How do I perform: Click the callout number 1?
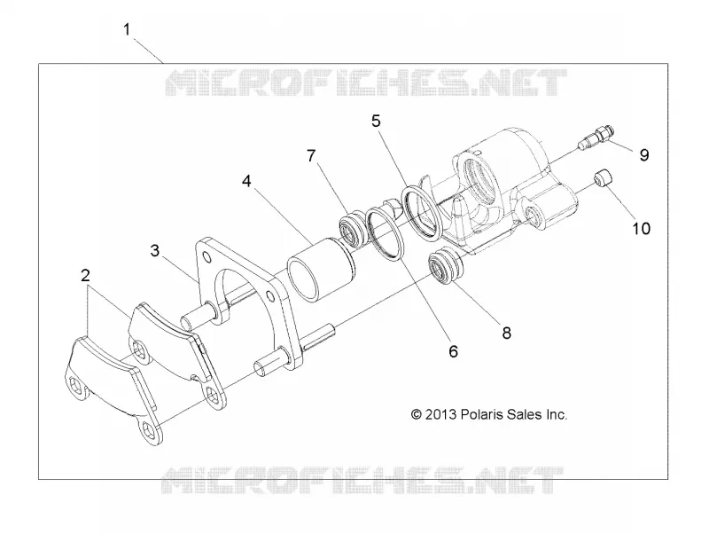127,30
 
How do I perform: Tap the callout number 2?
85,275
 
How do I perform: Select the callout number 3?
155,250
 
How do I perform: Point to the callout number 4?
246,181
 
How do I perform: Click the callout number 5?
376,122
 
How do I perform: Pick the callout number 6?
453,351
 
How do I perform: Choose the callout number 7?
311,155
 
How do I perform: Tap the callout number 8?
506,333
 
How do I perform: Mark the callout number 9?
644,154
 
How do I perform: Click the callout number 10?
641,229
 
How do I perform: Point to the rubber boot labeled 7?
353,230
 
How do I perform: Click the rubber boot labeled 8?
446,266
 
